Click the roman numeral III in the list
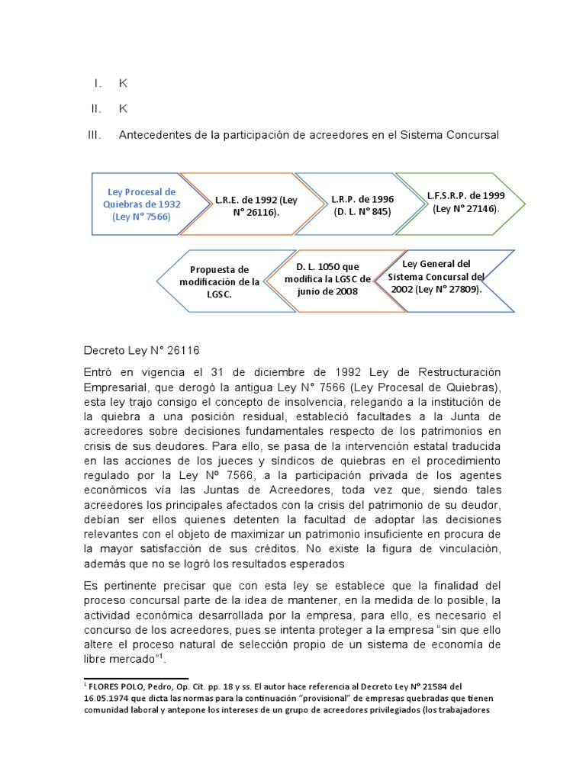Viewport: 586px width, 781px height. pyautogui.click(x=95, y=135)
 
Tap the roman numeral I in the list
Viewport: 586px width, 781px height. pyautogui.click(x=97, y=83)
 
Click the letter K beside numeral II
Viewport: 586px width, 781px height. pyautogui.click(x=123, y=109)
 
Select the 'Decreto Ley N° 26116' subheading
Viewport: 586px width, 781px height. pyautogui.click(x=140, y=351)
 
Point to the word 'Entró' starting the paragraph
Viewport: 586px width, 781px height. pyautogui.click(x=98, y=371)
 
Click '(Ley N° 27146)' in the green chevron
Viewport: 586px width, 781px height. pyautogui.click(x=465, y=209)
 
